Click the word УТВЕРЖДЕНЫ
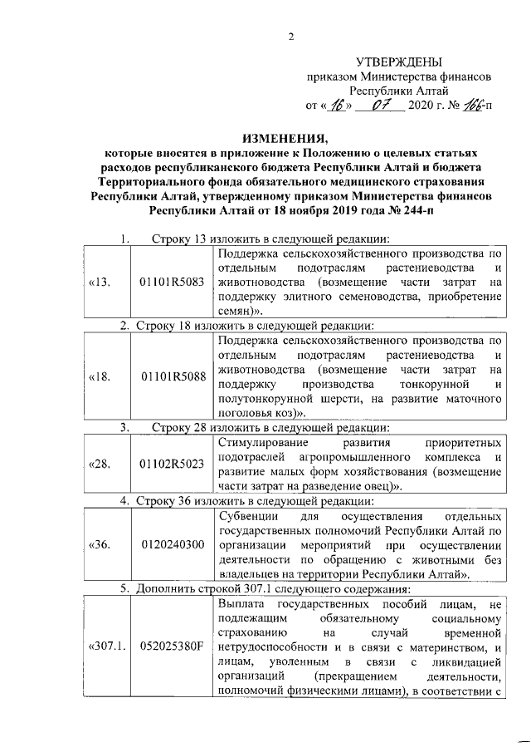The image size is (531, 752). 399,61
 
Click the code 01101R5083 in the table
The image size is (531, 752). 172,283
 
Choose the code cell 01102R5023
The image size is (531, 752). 172,463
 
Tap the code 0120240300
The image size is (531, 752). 172,545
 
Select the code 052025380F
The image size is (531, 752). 172,645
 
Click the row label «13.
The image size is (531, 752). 100,283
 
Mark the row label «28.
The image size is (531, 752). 100,463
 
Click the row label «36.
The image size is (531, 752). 100,545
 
